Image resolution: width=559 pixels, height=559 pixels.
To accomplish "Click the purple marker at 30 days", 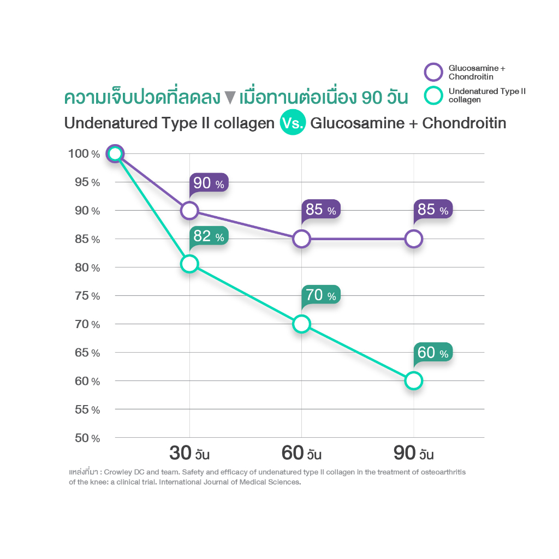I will [189, 210].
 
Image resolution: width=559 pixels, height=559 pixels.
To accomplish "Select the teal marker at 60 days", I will [301, 324].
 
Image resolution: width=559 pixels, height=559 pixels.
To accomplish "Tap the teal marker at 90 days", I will [414, 380].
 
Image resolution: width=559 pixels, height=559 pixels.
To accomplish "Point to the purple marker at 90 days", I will [414, 239].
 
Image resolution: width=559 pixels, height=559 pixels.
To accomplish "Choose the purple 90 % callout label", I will [209, 183].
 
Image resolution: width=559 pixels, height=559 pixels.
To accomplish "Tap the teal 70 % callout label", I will [321, 295].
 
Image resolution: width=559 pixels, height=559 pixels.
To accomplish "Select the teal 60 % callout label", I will [433, 353].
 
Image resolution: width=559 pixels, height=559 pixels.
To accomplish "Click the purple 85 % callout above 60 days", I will [321, 210].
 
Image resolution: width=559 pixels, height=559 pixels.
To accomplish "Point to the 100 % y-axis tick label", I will [84, 154].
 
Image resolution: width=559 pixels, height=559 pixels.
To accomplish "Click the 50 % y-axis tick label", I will [87, 438].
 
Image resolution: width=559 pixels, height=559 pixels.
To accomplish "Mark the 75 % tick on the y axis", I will [87, 296].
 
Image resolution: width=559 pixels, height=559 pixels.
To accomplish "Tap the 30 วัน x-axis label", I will [189, 454].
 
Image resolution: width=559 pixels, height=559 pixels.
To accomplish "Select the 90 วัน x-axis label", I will [414, 454].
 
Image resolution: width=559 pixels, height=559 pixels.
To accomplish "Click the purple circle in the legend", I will [433, 72].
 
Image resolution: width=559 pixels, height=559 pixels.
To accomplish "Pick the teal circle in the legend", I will [433, 96].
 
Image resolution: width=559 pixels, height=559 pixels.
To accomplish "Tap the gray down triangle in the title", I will [229, 98].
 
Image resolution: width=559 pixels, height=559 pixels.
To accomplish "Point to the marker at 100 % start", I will [115, 154].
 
